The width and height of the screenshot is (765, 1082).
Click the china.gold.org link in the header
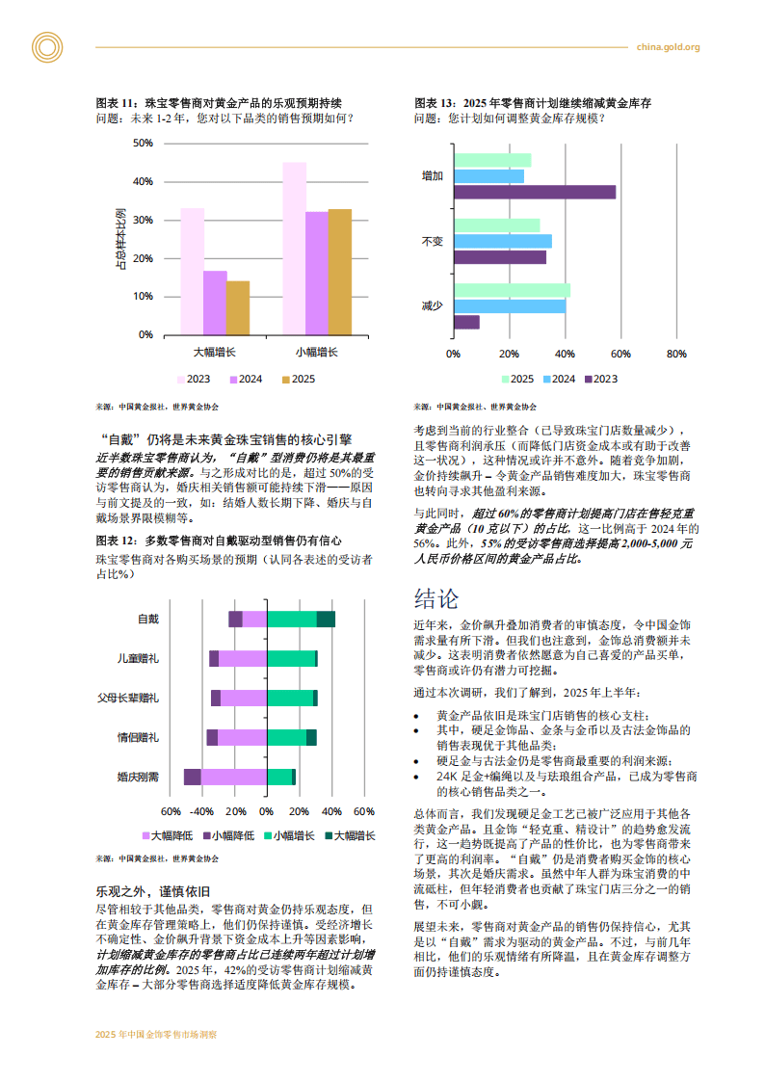[668, 47]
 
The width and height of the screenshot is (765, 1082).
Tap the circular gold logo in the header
[46, 46]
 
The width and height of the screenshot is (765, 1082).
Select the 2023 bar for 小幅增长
[294, 249]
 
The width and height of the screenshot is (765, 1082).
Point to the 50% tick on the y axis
[143, 144]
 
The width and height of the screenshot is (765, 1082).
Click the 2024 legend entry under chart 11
[245, 380]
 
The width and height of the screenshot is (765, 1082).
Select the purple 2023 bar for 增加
[534, 192]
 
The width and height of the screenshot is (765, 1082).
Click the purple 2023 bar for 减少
[466, 322]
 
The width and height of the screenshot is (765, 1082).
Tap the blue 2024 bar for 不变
[502, 241]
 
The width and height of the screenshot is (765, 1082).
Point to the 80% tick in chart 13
[676, 354]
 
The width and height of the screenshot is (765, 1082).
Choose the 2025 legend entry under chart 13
[516, 380]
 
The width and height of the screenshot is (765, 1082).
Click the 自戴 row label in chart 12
[148, 619]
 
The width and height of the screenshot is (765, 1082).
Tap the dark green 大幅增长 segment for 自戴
[326, 619]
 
